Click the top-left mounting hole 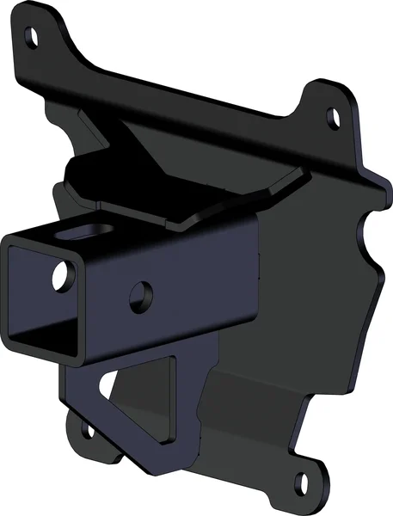32,37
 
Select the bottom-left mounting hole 86,427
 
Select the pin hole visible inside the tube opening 61,276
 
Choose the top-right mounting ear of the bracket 331,107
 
